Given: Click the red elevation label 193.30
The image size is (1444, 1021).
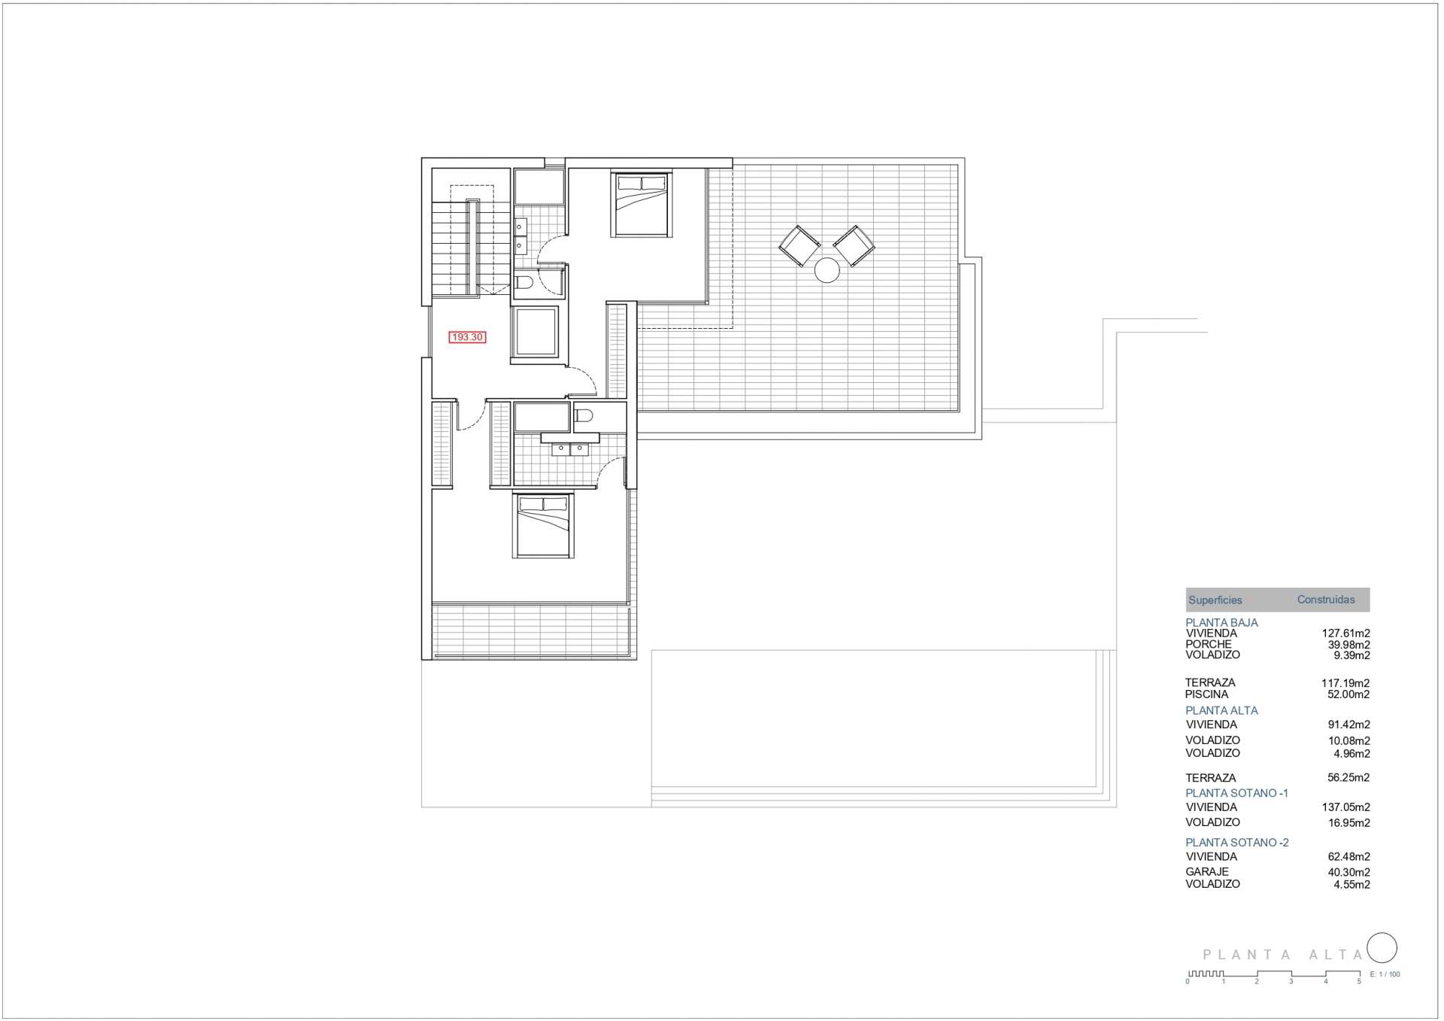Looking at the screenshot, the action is (467, 337).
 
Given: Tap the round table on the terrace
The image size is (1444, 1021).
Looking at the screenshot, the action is (827, 270).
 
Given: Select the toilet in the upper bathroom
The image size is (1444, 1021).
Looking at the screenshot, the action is (524, 282).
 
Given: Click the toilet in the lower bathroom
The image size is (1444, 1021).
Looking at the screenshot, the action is (584, 415).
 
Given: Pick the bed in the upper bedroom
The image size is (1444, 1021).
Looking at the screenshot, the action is (641, 204).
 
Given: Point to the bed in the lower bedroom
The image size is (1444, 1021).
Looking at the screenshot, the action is (543, 525).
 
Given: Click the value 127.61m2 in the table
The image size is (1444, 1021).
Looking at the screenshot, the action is (1345, 634).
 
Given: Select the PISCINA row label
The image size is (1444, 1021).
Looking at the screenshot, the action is (1206, 694).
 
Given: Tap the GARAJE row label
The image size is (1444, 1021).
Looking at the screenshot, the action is (1207, 872).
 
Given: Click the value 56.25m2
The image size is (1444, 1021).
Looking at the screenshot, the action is (1348, 778).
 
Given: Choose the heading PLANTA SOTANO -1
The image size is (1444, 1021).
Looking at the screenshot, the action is (1236, 793).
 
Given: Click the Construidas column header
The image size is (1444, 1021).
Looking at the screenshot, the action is (1326, 600).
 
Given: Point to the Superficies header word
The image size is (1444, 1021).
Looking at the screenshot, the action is (1215, 600).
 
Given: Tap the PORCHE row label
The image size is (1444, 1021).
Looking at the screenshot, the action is (1208, 644).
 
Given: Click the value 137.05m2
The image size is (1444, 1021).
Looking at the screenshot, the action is (1345, 807).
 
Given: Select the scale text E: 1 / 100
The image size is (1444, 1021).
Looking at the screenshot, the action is (1385, 974).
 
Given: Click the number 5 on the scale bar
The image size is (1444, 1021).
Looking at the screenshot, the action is (1358, 981).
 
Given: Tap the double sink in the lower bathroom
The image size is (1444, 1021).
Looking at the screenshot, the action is (570, 450).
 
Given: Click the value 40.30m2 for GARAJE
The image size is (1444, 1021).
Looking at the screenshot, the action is (1348, 873).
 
